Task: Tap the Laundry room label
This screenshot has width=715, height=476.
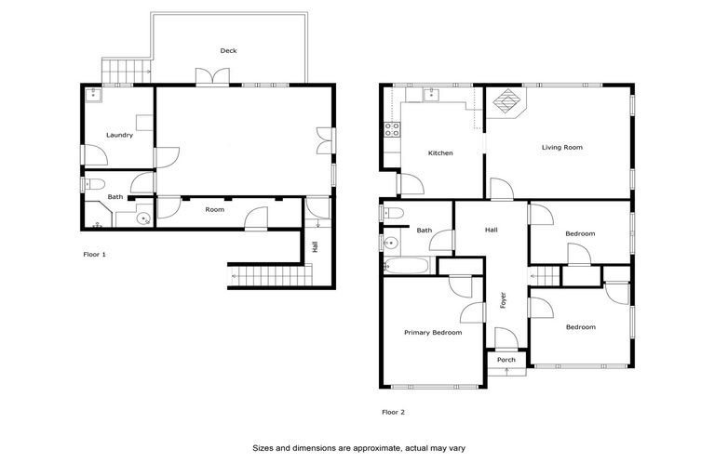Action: (x=119, y=135)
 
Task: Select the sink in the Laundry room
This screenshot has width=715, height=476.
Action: (x=95, y=94)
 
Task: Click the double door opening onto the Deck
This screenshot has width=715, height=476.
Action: (x=207, y=78)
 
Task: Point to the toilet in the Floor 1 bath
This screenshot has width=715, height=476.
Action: (x=91, y=184)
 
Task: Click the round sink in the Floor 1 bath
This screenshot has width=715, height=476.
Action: (x=142, y=218)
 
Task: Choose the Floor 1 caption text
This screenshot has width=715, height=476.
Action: (x=94, y=254)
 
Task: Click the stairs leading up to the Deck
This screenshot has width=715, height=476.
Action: (x=125, y=70)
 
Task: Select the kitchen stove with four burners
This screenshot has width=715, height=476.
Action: (x=392, y=130)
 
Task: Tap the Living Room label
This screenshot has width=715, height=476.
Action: (x=562, y=147)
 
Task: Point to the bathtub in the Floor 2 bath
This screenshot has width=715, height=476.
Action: (x=406, y=267)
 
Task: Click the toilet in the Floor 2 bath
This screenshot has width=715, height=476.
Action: (x=393, y=214)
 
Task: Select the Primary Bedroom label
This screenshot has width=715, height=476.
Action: (x=432, y=332)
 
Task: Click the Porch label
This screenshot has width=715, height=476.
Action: (x=506, y=360)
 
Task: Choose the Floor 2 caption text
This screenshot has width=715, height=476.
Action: (x=393, y=412)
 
